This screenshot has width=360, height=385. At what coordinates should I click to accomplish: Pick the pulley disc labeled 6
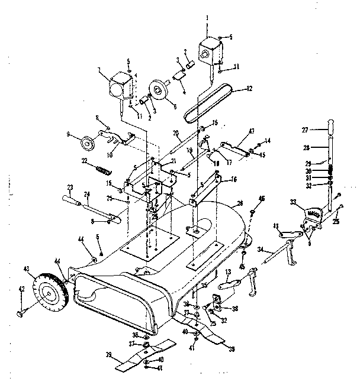(x=159, y=90)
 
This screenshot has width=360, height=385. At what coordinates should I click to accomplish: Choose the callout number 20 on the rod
(x=176, y=132)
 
